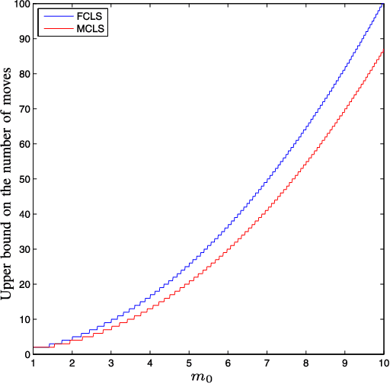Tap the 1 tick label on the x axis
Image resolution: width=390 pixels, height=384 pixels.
(34, 363)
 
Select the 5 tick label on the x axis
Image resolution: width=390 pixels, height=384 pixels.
(189, 363)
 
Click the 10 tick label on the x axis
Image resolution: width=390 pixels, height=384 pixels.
(382, 363)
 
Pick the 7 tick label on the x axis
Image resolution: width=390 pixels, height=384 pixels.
(267, 363)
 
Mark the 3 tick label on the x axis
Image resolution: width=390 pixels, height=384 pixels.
(111, 363)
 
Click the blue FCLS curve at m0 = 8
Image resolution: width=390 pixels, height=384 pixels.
(305, 130)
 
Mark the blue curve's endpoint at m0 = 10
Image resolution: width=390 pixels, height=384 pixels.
(383, 5)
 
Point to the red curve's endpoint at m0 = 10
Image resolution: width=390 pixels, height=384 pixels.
(383, 52)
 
